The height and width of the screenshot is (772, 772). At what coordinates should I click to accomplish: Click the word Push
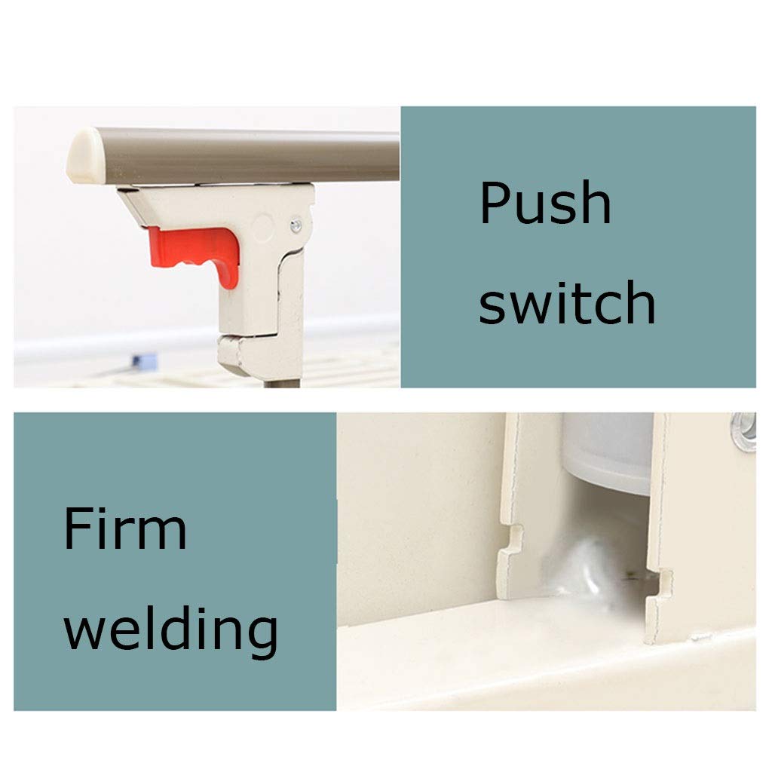(545, 203)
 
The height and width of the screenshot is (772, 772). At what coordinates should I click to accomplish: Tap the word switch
(567, 302)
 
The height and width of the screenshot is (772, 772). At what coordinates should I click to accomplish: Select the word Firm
(125, 528)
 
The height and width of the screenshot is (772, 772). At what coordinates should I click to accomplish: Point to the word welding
(171, 629)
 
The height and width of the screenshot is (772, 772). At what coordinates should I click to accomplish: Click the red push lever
(197, 253)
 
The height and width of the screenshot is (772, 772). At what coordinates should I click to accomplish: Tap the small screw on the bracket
(296, 225)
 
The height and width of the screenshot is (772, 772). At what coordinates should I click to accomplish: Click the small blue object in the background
(144, 362)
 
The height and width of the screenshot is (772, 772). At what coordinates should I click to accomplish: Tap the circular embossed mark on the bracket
(263, 228)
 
